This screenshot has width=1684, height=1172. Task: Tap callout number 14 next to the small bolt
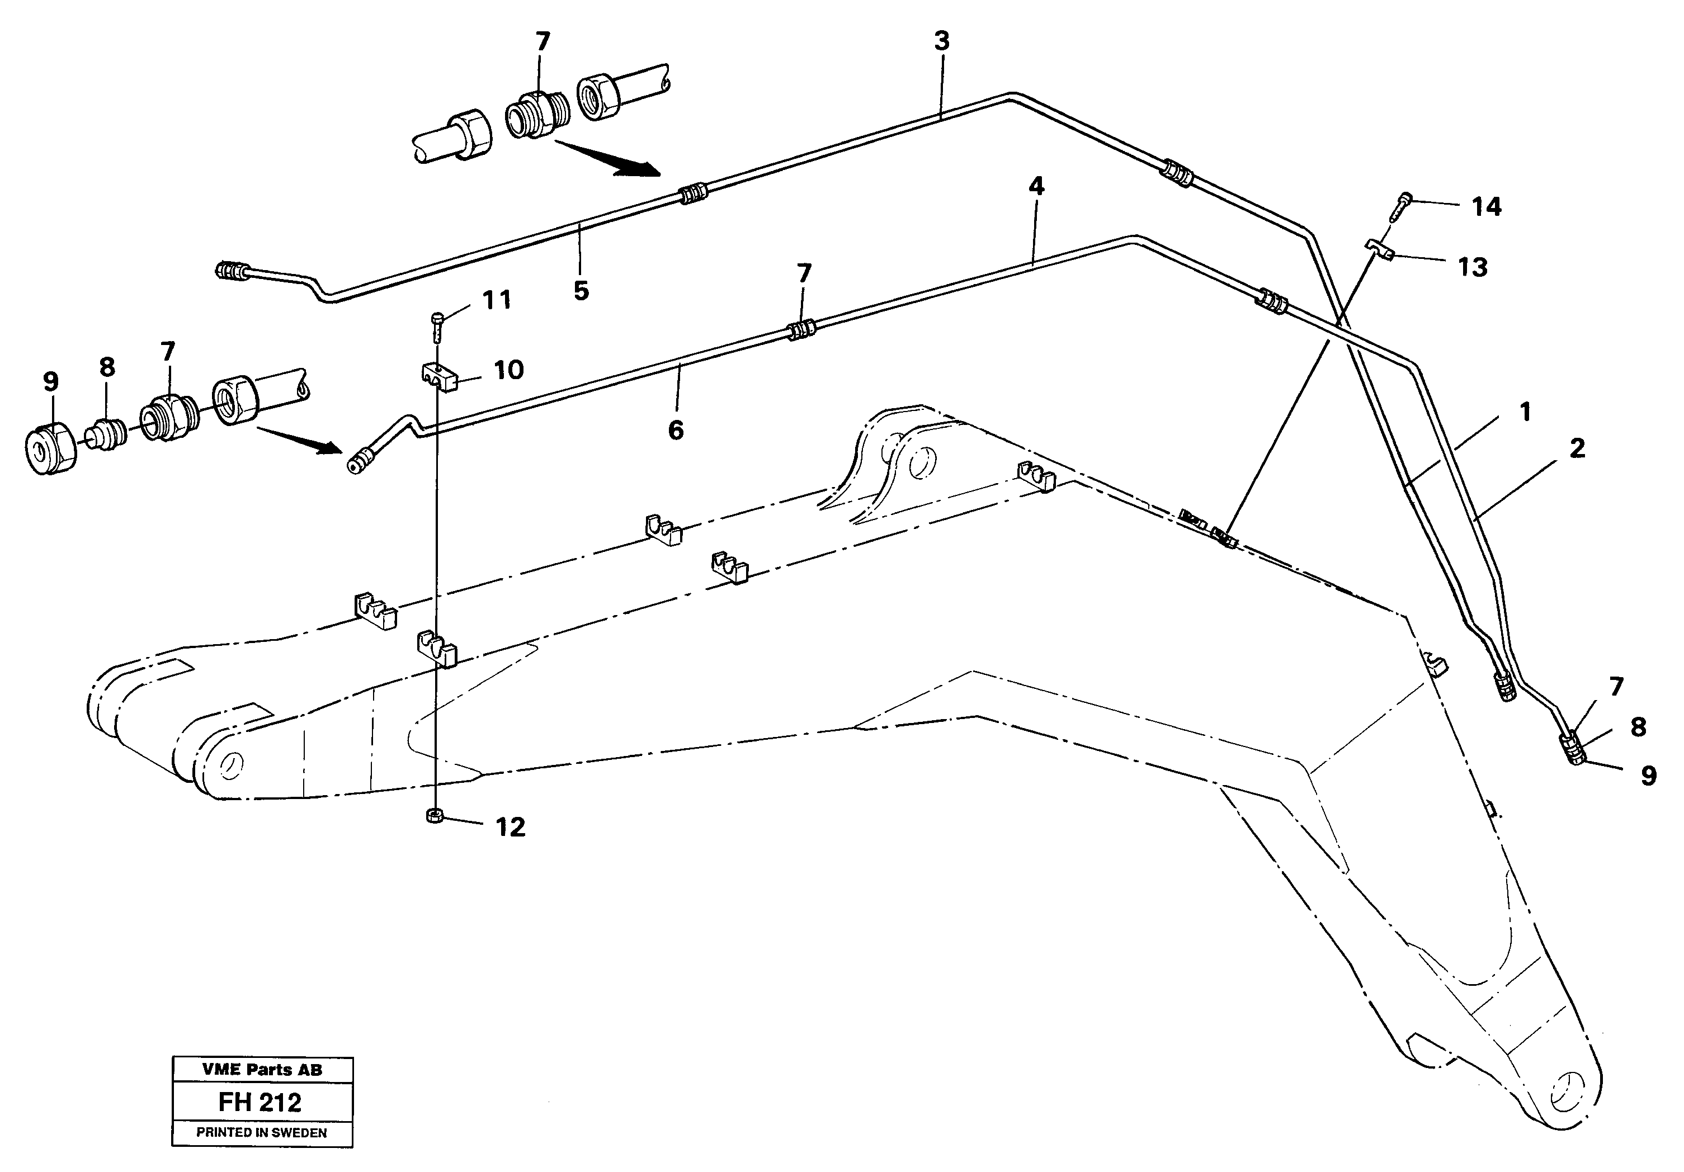[x=1486, y=207]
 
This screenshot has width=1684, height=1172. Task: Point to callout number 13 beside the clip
[x=1471, y=267]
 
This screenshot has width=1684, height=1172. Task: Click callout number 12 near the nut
[x=511, y=828]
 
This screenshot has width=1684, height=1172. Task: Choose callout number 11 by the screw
[x=497, y=300]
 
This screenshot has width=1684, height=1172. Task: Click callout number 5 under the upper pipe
[x=581, y=291]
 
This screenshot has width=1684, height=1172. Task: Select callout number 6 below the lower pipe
[x=676, y=430]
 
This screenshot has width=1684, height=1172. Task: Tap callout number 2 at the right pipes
[x=1577, y=448]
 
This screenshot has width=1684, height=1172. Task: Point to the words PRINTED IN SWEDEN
[x=262, y=1132]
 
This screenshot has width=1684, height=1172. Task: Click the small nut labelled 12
[x=434, y=816]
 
